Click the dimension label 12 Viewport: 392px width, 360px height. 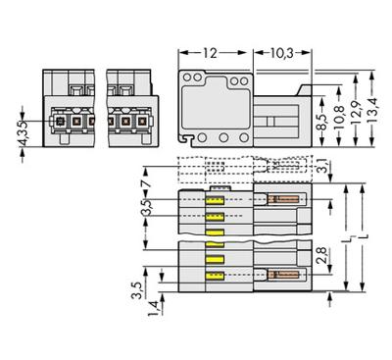click(x=210, y=53)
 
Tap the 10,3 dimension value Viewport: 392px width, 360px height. click(x=282, y=53)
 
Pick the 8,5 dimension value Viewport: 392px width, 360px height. click(x=322, y=122)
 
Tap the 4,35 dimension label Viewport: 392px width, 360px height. click(x=23, y=133)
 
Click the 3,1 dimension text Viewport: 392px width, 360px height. click(x=321, y=165)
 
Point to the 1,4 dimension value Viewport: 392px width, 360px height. click(x=153, y=308)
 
